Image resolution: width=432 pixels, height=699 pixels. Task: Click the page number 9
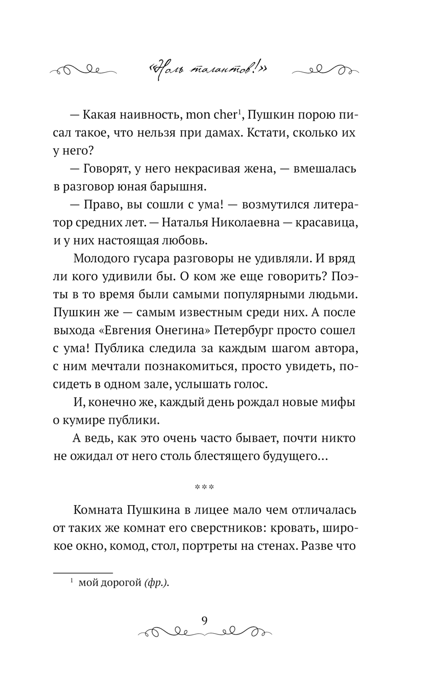click(x=204, y=620)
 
